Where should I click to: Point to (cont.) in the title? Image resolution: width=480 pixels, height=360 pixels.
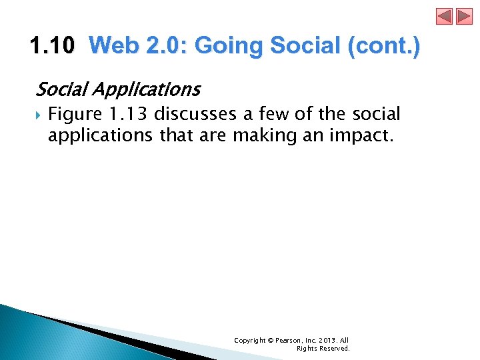[x=385, y=47]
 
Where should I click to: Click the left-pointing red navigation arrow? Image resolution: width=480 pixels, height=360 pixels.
[x=445, y=16]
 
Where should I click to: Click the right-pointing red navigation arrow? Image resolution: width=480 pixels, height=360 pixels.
[x=463, y=16]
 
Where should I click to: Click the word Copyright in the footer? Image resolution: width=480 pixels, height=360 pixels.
[x=249, y=340]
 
